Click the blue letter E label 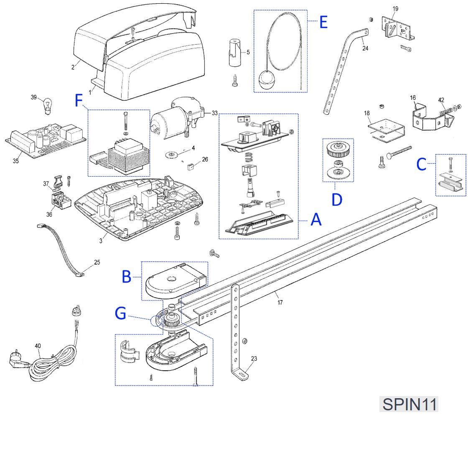click(x=323, y=22)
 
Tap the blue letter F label click(x=79, y=101)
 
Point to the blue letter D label click(x=337, y=199)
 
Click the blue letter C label click(x=421, y=164)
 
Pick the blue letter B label click(x=127, y=276)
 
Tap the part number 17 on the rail click(x=280, y=302)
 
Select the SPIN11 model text click(x=409, y=404)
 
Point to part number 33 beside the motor click(x=215, y=113)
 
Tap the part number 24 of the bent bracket click(x=366, y=48)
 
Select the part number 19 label click(x=396, y=9)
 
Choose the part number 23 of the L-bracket click(x=254, y=358)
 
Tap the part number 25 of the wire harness click(x=97, y=263)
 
